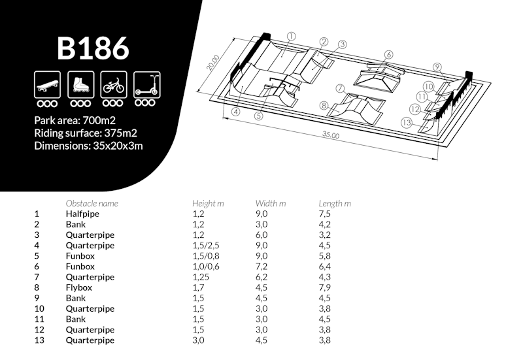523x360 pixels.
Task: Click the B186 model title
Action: [93, 48]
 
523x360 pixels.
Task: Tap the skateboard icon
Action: [47, 85]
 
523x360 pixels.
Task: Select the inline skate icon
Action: [80, 85]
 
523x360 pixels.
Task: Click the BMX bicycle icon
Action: [114, 85]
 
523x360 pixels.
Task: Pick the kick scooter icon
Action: [146, 85]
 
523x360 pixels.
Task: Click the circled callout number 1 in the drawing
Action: [291, 37]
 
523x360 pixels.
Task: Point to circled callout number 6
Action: [388, 55]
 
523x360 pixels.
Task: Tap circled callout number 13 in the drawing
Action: [406, 122]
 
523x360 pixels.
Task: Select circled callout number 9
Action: [437, 67]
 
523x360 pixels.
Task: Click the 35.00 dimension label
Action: [331, 135]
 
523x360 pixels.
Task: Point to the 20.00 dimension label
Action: [213, 62]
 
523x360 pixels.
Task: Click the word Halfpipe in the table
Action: [82, 214]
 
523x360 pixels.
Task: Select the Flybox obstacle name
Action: [78, 287]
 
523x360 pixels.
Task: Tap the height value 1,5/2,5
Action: [205, 245]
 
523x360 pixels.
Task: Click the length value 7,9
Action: [324, 287]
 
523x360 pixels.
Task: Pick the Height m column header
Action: [208, 203]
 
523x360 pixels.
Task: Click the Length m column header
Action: [335, 203]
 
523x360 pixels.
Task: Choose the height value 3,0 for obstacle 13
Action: [198, 340]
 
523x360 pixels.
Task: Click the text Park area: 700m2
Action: [75, 120]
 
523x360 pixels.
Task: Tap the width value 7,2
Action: [261, 267]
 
